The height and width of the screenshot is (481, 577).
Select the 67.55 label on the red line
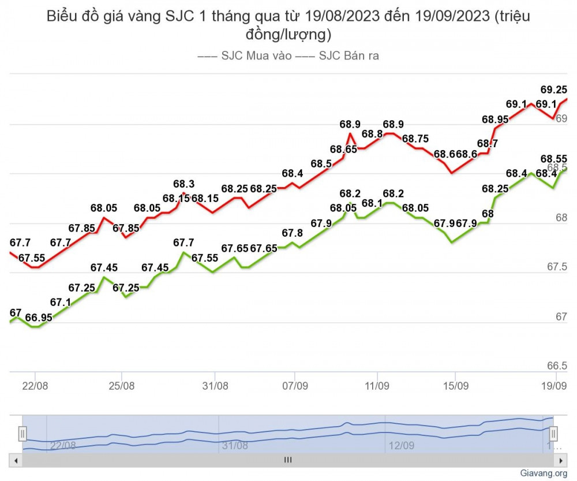coord(32,258)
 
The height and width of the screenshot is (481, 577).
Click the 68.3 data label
coord(184,184)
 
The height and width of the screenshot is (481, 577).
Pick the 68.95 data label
coord(495,120)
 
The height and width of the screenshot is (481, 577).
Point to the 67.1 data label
coord(61,301)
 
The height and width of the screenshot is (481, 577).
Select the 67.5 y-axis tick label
coord(557,267)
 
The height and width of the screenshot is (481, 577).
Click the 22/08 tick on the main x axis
coord(35,385)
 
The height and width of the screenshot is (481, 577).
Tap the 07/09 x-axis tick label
coord(294,385)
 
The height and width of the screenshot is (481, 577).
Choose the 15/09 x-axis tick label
coord(455,385)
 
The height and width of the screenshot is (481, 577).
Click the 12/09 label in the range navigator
coord(402,445)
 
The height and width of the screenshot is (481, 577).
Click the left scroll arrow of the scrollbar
coord(16,460)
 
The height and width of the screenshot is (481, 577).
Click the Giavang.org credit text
coord(544,473)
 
